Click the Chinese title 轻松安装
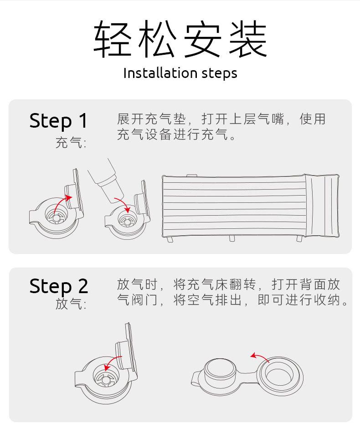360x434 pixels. coord(180,38)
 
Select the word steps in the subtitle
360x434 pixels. coord(219,74)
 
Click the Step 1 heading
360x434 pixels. coord(58,121)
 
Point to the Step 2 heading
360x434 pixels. coord(59,286)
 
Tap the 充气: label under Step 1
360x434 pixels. coord(71,143)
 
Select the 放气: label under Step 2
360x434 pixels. coord(71,304)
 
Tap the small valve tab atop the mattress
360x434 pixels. coord(191,176)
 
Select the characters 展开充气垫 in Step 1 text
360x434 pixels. coord(151,119)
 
